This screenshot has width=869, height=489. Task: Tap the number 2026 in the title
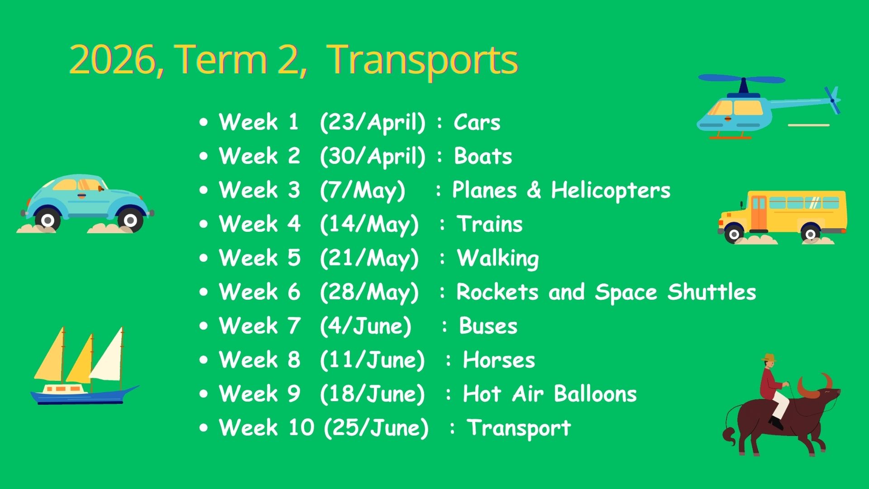tap(113, 60)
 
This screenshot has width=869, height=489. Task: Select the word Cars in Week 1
tap(477, 122)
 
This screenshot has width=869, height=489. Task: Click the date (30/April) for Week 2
tap(372, 157)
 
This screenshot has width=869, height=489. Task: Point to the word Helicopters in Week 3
tap(611, 190)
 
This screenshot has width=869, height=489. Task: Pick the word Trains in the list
tap(490, 224)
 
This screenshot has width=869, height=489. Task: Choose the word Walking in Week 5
tap(498, 259)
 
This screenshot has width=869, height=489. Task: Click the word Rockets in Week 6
tap(497, 292)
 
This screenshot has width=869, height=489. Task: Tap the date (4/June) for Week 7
tap(366, 326)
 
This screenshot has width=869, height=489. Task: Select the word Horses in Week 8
tap(499, 360)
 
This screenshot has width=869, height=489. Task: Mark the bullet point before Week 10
tap(204, 427)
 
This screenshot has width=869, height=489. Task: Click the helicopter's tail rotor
tap(832, 100)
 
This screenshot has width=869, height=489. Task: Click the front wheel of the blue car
tap(130, 221)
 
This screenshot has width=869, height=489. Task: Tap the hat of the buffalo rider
tap(768, 358)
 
